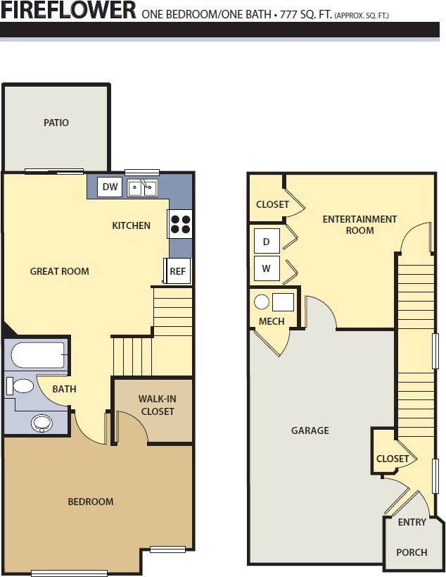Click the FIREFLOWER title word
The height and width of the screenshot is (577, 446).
[x=69, y=11]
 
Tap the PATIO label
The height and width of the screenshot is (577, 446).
[x=56, y=123]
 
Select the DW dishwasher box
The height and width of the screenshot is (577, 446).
[x=110, y=187]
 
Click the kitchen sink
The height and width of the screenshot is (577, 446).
[x=141, y=187]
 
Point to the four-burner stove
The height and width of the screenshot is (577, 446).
[x=180, y=223]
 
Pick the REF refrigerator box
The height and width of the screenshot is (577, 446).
[x=178, y=271]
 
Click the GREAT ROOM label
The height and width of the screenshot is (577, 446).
[x=59, y=271]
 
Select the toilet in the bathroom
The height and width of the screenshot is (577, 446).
[x=21, y=386]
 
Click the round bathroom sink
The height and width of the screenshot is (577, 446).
[x=42, y=423]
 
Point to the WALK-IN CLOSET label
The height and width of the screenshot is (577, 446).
[x=157, y=405]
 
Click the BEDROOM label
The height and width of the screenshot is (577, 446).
[x=90, y=502]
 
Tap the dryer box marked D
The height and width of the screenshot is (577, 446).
[x=266, y=241]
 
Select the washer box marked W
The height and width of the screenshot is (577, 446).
[x=266, y=268]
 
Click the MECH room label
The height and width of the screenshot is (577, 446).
[x=272, y=321]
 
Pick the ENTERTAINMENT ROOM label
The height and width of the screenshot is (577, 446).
[x=359, y=225]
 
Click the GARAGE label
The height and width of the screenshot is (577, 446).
[x=310, y=430]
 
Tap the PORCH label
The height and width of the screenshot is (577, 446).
[x=412, y=552]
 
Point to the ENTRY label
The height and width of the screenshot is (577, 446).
[x=412, y=523]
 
